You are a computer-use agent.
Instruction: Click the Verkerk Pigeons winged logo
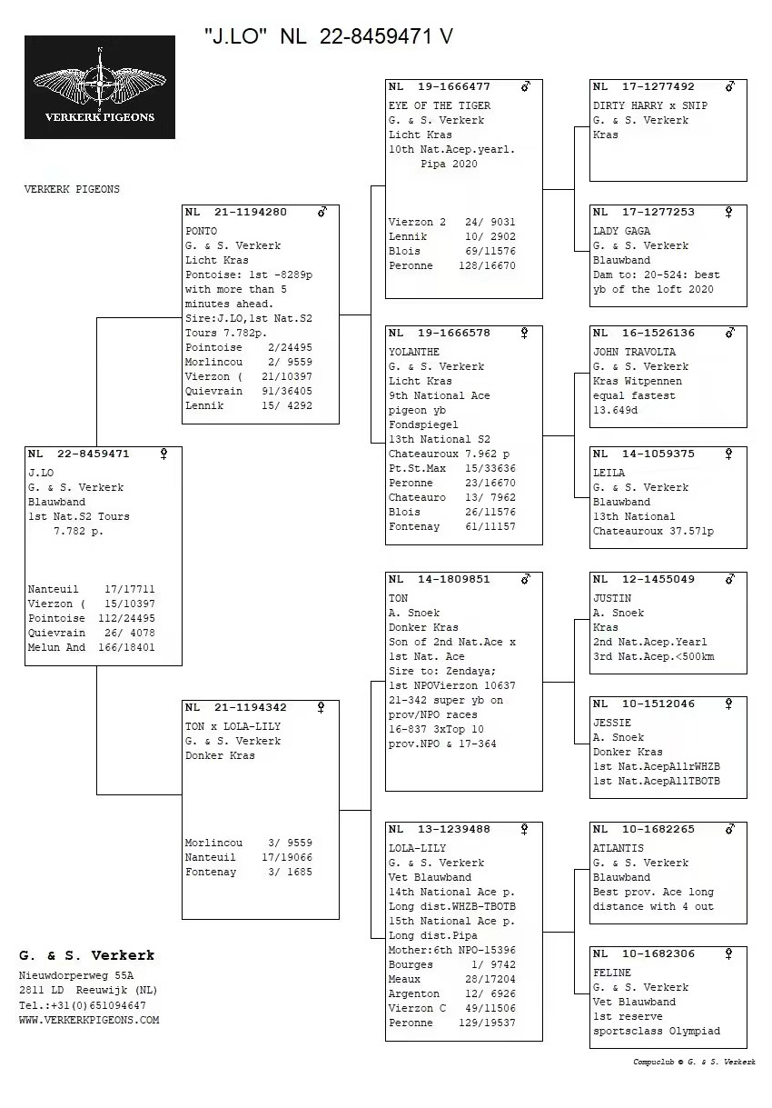[x=100, y=86]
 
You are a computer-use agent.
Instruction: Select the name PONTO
[x=202, y=231]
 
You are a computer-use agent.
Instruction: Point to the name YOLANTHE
[x=414, y=352]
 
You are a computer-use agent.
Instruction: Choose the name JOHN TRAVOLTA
[x=634, y=352]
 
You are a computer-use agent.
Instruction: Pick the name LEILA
[x=609, y=473]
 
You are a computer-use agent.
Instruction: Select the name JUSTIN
[x=612, y=598]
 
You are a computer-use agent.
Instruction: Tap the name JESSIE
[x=612, y=723]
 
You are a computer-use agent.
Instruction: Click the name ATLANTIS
[x=618, y=848]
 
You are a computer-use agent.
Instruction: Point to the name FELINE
[x=612, y=973]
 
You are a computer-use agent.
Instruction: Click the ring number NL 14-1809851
[x=440, y=579]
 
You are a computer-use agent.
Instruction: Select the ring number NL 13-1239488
[x=440, y=829]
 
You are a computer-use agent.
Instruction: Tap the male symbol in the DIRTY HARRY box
[x=729, y=86]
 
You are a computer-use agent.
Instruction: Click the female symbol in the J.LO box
[x=164, y=453]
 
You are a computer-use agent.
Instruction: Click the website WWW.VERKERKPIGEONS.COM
[x=89, y=1020]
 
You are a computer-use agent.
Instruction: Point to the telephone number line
[x=82, y=1005]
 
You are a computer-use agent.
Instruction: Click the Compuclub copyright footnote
[x=694, y=1062]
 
